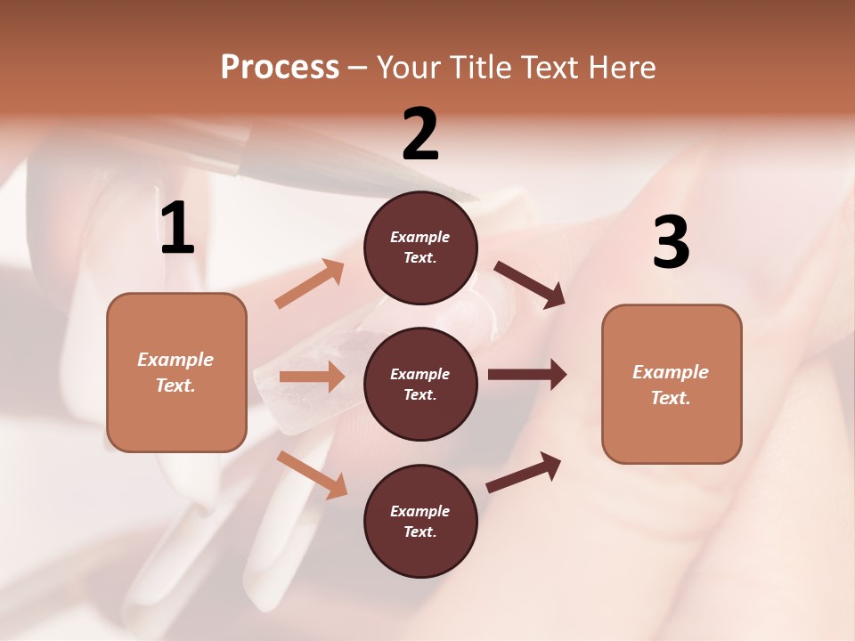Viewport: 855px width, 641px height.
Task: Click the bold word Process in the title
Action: coord(280,67)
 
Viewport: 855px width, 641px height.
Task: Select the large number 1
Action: coord(177,229)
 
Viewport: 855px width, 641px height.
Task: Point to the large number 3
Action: coord(672,243)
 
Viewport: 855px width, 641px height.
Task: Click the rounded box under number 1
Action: coord(176,372)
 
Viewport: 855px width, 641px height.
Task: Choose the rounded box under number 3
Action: coord(672,384)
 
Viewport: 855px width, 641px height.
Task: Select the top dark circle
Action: coord(420,247)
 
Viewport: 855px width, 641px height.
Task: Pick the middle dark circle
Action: coord(420,384)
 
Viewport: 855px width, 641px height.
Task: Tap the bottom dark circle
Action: coord(420,521)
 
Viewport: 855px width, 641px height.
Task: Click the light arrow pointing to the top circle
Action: coord(310,284)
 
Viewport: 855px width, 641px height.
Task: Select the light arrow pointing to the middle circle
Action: coord(312,377)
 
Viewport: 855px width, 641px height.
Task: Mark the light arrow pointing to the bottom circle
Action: coord(313,475)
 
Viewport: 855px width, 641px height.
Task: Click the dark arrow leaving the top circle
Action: coord(530,285)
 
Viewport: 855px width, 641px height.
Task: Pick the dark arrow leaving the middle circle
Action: coord(527,375)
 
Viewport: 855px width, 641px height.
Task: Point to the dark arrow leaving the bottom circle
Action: coord(524,472)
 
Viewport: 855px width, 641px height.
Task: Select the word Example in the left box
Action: coord(175,360)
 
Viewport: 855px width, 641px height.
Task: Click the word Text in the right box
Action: coord(670,398)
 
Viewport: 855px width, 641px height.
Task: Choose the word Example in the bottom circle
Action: coord(419,511)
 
